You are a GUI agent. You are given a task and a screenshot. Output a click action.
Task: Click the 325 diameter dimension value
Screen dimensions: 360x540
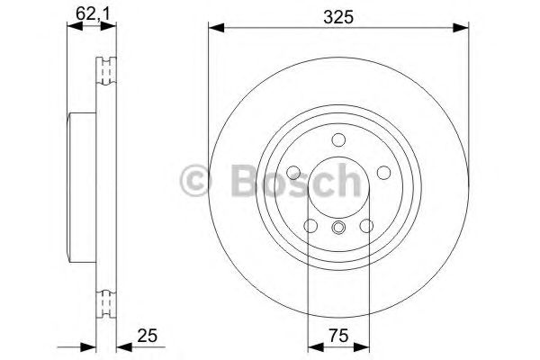338,14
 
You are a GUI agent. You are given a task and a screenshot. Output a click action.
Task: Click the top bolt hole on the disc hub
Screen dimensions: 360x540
338,140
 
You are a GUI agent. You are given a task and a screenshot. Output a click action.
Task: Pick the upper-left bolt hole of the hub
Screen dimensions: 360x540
294,173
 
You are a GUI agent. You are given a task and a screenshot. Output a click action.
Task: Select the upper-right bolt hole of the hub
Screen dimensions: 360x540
382,173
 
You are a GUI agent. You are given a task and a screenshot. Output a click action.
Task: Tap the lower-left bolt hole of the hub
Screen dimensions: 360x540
311,225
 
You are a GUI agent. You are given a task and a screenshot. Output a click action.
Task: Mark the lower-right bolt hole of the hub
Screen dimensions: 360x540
365,225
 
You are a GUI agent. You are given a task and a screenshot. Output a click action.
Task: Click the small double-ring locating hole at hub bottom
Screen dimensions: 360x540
338,228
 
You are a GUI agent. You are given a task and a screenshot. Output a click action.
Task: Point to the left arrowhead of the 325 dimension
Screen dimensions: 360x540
214,29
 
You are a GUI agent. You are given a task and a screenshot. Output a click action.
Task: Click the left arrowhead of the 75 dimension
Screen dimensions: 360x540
313,345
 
